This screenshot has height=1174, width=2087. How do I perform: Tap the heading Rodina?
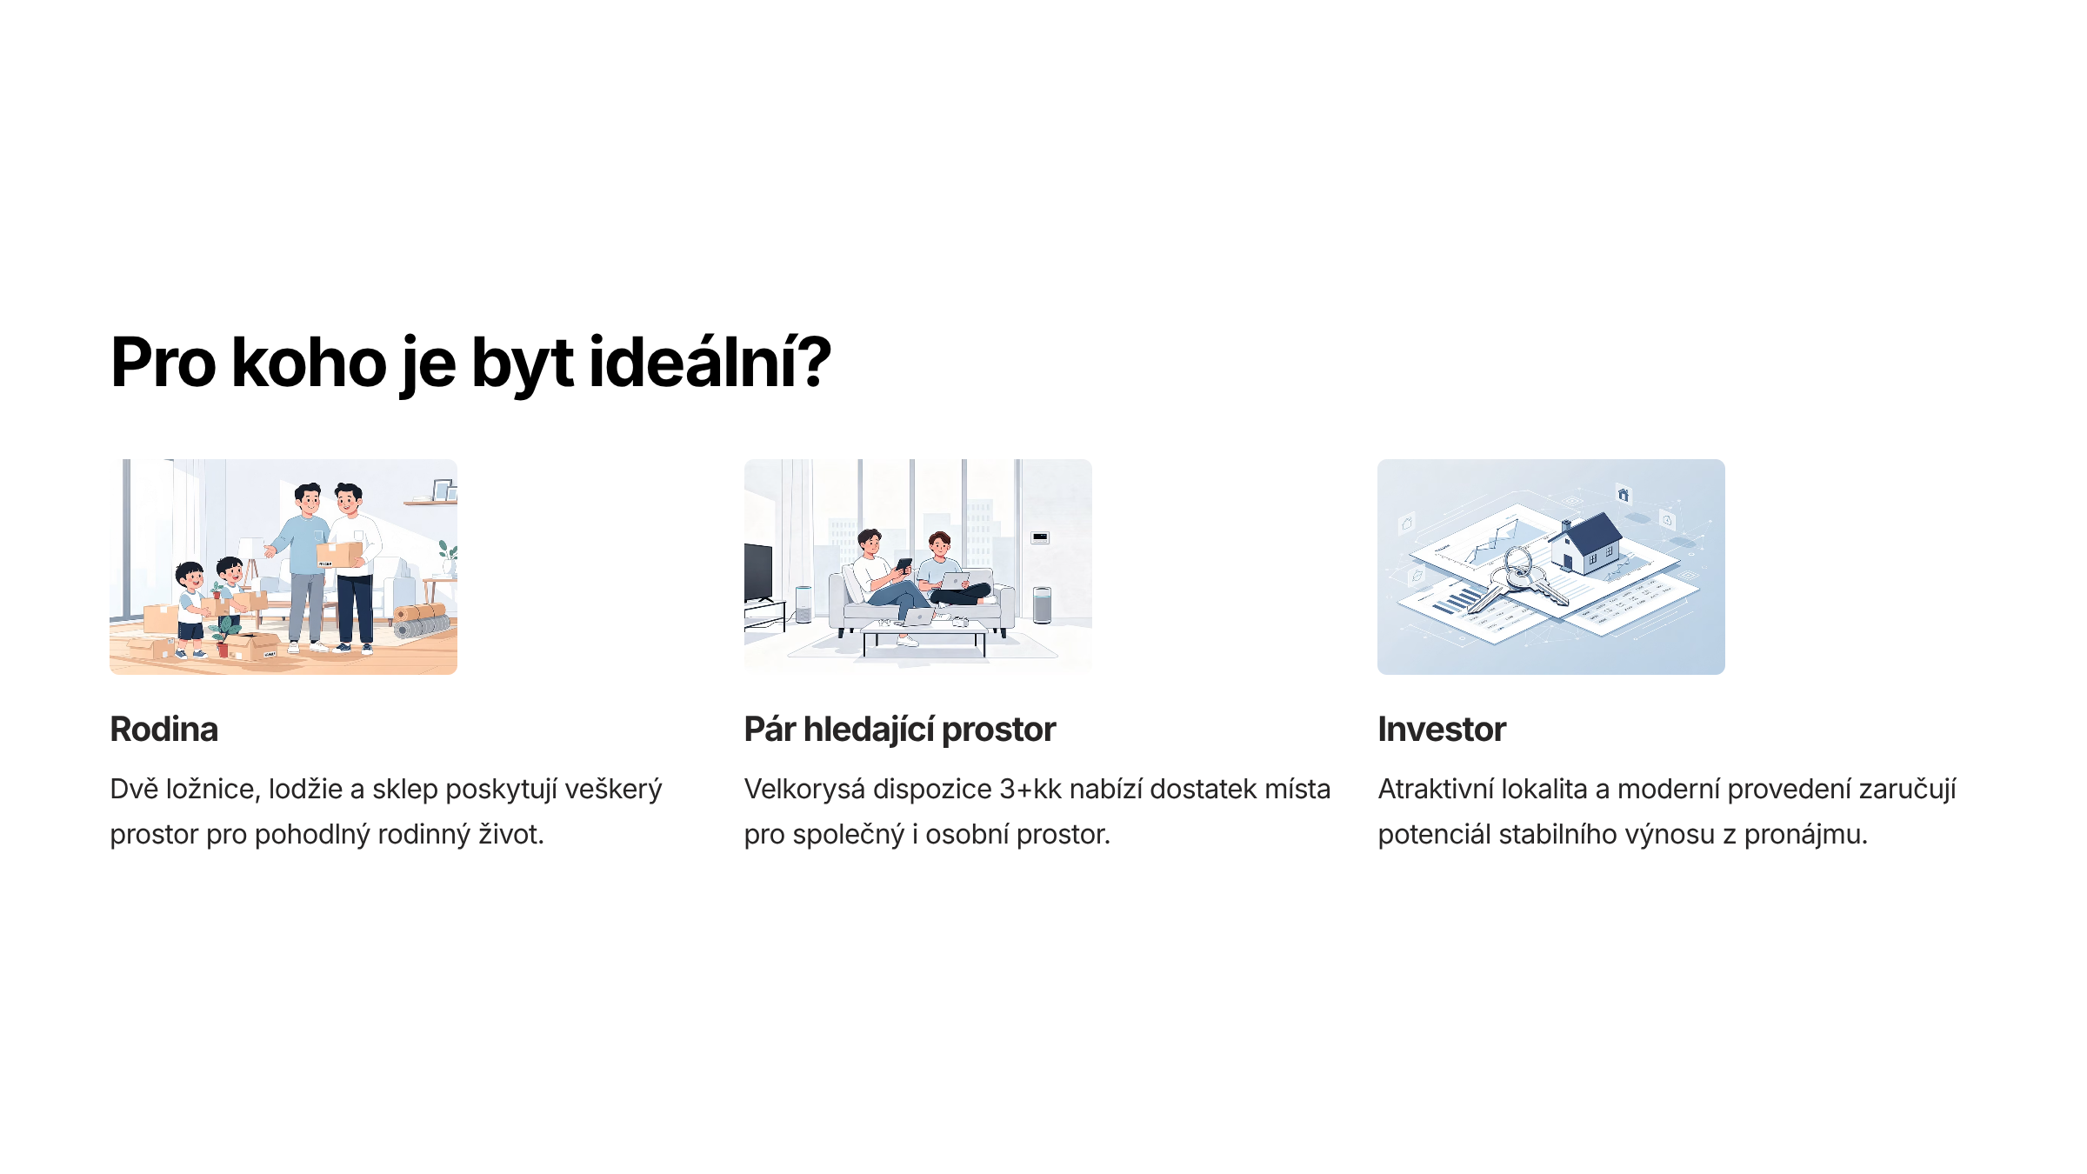point(163,729)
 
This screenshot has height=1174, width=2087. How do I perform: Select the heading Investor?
point(1441,729)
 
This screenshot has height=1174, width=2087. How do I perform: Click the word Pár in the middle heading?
point(770,729)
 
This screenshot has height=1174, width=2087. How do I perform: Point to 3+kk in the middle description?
point(1030,789)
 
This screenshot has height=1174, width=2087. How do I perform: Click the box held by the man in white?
point(341,554)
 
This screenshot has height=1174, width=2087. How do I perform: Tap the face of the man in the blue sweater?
point(309,502)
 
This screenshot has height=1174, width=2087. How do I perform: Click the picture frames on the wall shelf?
point(444,490)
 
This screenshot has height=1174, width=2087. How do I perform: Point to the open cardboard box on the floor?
point(252,646)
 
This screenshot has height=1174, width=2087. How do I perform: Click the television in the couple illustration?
point(757,571)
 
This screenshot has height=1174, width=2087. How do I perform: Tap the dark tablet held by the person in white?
point(904,565)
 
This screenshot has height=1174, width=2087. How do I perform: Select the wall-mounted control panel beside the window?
point(1040,537)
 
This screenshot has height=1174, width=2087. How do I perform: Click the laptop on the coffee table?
point(918,617)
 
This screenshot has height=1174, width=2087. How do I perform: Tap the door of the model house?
point(1568,562)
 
